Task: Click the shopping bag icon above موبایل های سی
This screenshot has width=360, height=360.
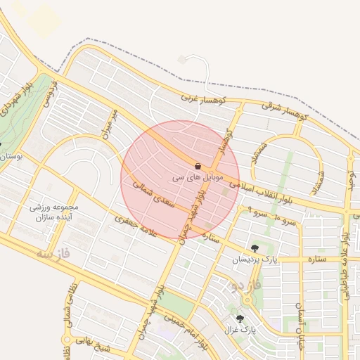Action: [x=198, y=166]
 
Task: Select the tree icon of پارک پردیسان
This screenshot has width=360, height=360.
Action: [x=255, y=247]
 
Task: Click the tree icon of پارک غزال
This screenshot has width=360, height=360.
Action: [x=240, y=318]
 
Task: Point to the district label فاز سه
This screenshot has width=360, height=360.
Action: [x=35, y=255]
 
